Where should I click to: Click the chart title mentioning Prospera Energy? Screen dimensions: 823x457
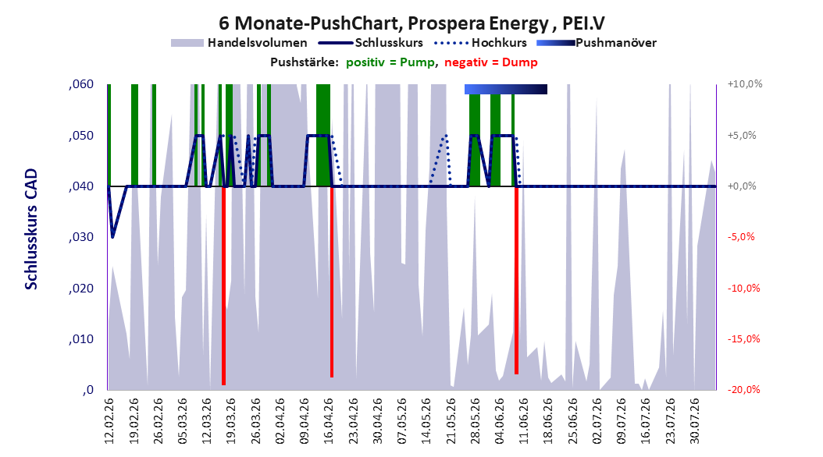411,23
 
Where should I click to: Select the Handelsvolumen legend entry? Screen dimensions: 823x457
240,43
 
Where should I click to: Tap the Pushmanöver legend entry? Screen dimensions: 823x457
597,43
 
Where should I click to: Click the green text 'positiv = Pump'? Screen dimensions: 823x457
390,62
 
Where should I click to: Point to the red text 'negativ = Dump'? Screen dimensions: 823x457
491,62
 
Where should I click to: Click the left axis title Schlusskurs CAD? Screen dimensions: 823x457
31,229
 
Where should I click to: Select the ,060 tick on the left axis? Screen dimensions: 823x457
81,84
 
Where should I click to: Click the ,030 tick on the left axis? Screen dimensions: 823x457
81,237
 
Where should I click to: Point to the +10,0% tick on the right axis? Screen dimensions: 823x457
745,84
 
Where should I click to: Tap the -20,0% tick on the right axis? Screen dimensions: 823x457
743,389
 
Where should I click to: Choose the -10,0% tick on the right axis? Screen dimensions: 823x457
743,288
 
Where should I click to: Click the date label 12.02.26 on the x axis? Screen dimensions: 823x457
109,421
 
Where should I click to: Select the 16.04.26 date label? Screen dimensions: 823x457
329,421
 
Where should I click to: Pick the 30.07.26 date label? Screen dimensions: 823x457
695,421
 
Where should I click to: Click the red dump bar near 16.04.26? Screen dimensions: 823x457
332,282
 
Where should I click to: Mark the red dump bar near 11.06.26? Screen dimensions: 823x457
516,280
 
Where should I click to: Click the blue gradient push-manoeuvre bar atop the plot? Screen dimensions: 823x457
506,89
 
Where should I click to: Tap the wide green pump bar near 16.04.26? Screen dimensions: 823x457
323,135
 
